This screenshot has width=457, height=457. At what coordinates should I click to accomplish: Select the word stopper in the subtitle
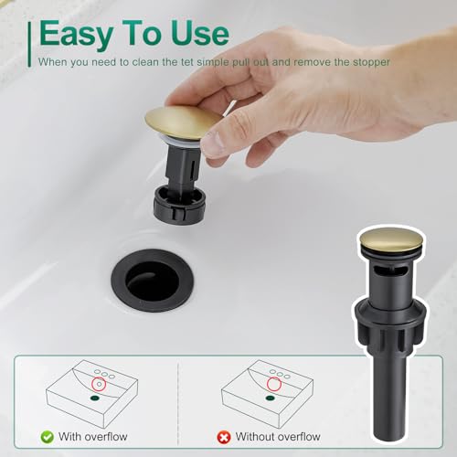coord(368,62)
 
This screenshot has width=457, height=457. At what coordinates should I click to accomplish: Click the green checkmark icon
coord(44,436)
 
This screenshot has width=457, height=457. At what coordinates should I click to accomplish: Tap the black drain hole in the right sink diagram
coord(271,398)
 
